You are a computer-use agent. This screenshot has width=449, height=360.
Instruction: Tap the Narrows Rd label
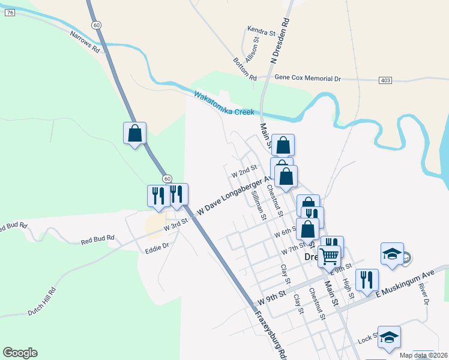point(85,43)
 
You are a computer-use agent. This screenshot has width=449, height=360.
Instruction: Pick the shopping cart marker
point(330,256)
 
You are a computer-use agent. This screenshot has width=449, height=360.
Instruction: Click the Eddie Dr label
point(157,247)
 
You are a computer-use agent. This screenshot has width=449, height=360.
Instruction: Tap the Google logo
point(20,353)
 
